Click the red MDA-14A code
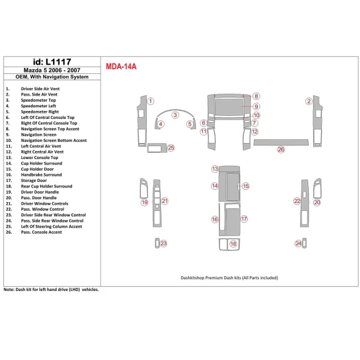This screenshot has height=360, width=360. pyautogui.click(x=121, y=67)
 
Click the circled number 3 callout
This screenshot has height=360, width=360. pyautogui.click(x=175, y=115)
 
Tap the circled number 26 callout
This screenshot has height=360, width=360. pyautogui.click(x=281, y=150)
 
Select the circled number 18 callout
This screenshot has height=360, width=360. pyautogui.click(x=233, y=243)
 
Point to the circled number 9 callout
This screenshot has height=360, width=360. pyautogui.click(x=256, y=107)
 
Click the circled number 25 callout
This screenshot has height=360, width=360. pyautogui.click(x=171, y=147)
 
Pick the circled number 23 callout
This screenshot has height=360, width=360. pyautogui.click(x=163, y=243)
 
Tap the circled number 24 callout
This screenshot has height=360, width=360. pyautogui.click(x=298, y=243)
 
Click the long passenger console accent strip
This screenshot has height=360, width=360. pyautogui.click(x=281, y=142)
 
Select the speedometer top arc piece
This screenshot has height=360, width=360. pyautogui.click(x=176, y=111)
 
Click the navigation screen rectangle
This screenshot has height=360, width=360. pyautogui.click(x=229, y=107)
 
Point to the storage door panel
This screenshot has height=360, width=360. pyautogui.click(x=233, y=222)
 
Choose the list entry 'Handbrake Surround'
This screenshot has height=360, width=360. pyautogui.click(x=41, y=174)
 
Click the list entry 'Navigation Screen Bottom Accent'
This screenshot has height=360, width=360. pyautogui.click(x=54, y=141)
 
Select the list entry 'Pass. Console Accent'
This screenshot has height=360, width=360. pyautogui.click(x=41, y=232)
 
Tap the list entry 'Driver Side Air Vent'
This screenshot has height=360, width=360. pyautogui.click(x=40, y=89)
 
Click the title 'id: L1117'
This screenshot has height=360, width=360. pyautogui.click(x=52, y=62)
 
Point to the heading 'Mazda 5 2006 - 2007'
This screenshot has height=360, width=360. pyautogui.click(x=52, y=70)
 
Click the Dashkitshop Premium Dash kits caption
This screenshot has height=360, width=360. pyautogui.click(x=229, y=278)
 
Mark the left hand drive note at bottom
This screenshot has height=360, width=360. pyautogui.click(x=51, y=290)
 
